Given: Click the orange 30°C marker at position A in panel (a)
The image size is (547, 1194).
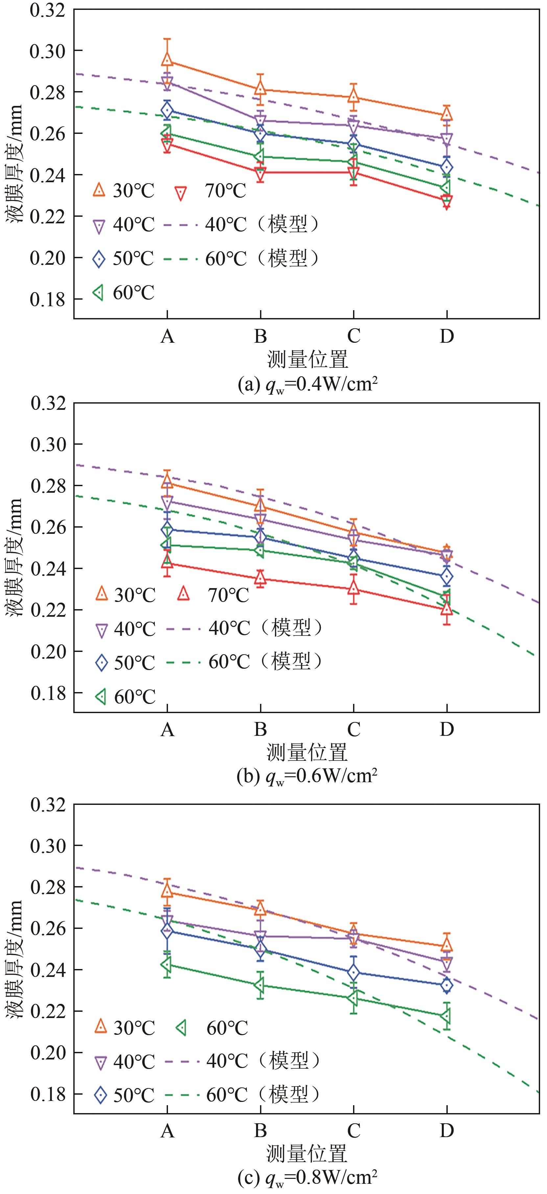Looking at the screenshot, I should tap(167, 60).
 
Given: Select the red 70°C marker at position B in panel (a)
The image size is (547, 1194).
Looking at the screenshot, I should tap(260, 173).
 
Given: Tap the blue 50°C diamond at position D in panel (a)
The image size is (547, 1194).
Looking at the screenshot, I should tap(446, 167).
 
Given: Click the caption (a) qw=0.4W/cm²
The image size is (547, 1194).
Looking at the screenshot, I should tap(307, 384).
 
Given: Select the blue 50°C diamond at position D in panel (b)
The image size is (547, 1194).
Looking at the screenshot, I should tap(446, 577).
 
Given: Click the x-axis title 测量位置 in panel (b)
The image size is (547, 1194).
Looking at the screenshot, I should tap(307, 752).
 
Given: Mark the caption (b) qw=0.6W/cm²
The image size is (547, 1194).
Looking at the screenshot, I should tap(307, 776).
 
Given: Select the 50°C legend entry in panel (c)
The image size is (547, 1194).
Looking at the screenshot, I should tap(125, 1095).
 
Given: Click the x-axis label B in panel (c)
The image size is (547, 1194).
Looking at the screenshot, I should tap(260, 1131).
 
